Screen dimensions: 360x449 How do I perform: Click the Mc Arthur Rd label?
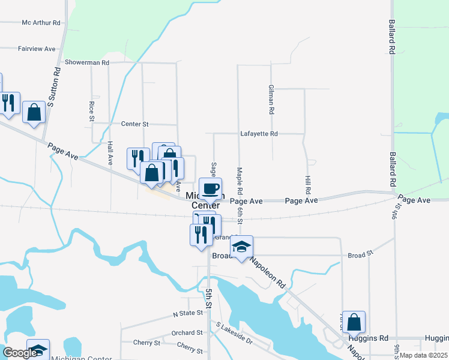pos(41,23)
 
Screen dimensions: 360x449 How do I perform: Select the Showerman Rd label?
pos(87,62)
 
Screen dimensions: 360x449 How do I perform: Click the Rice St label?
pos(92,111)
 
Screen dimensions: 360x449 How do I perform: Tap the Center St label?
pos(134,124)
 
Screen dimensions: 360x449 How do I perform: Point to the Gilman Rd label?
pos(271,100)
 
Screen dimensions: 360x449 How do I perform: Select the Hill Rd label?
pos(308,184)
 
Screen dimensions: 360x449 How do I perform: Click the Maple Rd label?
pos(240,181)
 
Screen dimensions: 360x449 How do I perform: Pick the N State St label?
pos(188,314)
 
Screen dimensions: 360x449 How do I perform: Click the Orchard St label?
pos(187,332)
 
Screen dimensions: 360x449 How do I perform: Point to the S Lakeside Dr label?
pos(234,337)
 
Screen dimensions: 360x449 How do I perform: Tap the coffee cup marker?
pos(210,189)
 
